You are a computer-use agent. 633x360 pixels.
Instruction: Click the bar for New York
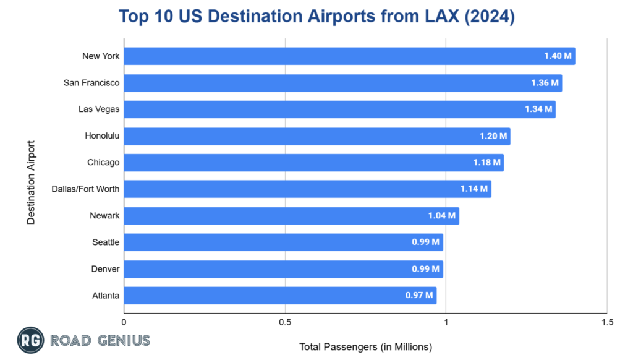click(349, 56)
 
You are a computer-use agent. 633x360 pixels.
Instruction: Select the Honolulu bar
click(317, 136)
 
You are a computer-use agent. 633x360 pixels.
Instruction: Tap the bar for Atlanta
click(280, 296)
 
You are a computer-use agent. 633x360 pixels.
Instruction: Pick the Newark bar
click(291, 216)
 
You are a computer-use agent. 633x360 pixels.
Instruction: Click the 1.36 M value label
click(545, 83)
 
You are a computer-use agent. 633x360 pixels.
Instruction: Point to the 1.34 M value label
click(538, 109)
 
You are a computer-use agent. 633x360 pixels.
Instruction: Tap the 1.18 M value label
click(486, 163)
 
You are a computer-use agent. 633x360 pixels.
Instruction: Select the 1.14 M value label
click(474, 189)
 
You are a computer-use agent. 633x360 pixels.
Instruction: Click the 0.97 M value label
click(419, 296)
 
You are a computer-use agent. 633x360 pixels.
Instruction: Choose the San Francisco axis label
click(91, 83)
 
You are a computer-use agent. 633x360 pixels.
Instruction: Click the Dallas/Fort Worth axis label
click(85, 189)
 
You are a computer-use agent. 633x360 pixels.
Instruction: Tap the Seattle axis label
click(106, 242)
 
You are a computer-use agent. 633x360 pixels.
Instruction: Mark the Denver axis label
click(106, 269)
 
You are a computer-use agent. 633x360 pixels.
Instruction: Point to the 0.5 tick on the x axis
click(285, 322)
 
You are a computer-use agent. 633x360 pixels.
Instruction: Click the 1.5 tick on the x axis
click(606, 322)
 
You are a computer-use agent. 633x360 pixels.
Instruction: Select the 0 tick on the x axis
click(125, 322)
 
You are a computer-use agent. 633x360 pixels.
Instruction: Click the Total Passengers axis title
click(365, 346)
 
